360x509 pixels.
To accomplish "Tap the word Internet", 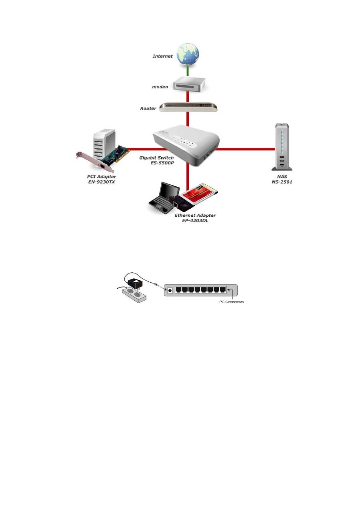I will [163, 56].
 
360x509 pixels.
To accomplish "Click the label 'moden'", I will [160, 86].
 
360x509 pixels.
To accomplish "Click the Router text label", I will [148, 108].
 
